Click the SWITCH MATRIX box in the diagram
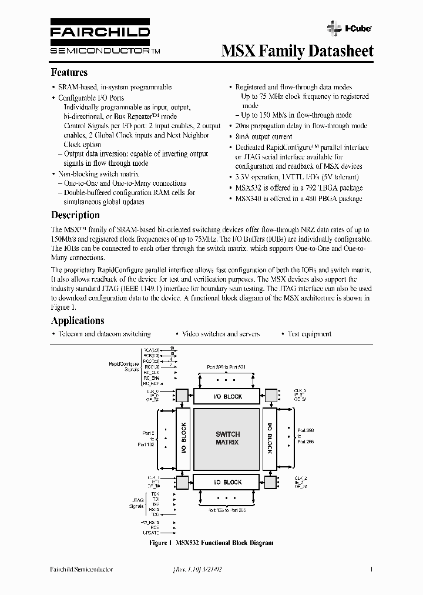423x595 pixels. (x=227, y=438)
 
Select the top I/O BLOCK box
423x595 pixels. (x=227, y=396)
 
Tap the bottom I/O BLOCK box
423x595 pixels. (x=227, y=482)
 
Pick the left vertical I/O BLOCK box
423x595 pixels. (x=183, y=438)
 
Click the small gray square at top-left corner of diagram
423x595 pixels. (x=183, y=395)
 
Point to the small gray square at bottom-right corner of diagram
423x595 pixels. (x=271, y=482)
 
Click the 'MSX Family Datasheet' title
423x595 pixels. (x=297, y=51)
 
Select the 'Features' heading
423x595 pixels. (x=69, y=72)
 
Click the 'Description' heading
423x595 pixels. (x=75, y=215)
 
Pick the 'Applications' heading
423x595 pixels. (x=78, y=320)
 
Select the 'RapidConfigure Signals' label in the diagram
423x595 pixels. (x=123, y=366)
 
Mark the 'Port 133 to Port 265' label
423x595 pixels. (x=226, y=510)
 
